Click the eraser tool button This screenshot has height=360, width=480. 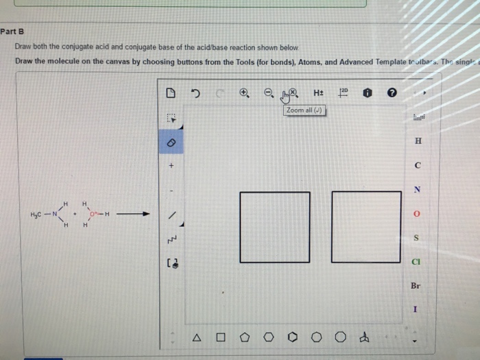(171, 141)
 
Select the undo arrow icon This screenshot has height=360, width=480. (196, 93)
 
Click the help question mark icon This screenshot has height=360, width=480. (391, 93)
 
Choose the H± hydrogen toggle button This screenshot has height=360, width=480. (318, 93)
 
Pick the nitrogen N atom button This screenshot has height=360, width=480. (416, 189)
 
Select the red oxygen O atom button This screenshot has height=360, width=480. (416, 215)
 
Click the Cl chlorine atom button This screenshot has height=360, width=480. (416, 261)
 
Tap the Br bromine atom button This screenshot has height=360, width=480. (416, 285)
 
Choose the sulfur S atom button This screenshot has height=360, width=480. (416, 238)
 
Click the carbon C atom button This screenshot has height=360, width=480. (416, 165)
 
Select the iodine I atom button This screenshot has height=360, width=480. (416, 309)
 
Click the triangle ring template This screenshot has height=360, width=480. (197, 337)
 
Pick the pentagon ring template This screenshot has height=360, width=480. (244, 337)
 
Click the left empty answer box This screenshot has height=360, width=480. (274, 227)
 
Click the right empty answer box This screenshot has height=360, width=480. (366, 227)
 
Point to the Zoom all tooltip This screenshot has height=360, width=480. (304, 110)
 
